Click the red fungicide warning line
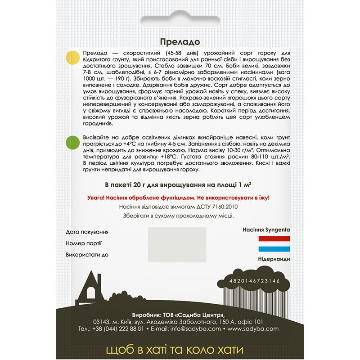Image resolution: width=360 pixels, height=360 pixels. pyautogui.click(x=180, y=198)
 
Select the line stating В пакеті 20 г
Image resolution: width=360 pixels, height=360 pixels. pyautogui.click(x=180, y=185)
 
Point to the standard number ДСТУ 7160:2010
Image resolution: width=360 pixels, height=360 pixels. pyautogui.click(x=219, y=207)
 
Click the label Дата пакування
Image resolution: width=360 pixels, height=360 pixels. pyautogui.click(x=87, y=232)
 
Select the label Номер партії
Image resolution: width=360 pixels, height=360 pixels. pyautogui.click(x=83, y=243)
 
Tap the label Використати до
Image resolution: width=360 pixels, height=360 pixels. pyautogui.click(x=87, y=255)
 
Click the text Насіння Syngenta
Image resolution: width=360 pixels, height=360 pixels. pyautogui.click(x=266, y=229)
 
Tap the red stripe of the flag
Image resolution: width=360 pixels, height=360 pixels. pyautogui.click(x=274, y=238)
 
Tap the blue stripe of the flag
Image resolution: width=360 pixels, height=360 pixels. pyautogui.click(x=274, y=249)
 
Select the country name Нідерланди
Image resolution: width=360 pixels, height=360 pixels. pyautogui.click(x=274, y=259)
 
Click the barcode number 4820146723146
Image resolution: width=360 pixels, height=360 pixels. pyautogui.click(x=254, y=281)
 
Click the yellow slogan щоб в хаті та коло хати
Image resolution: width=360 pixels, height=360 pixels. pyautogui.click(x=180, y=350)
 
